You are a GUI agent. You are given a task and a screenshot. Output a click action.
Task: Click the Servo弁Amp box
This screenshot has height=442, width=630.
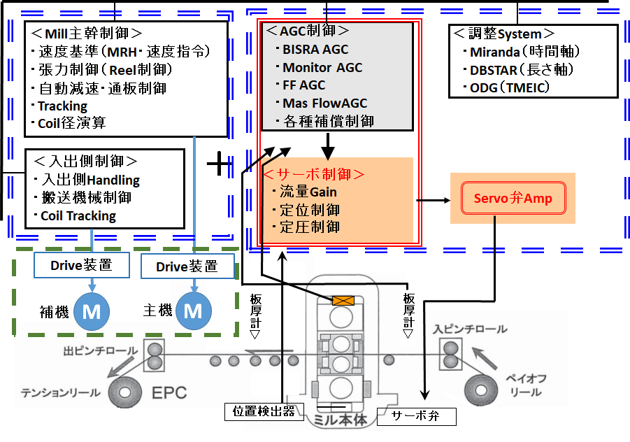click(x=513, y=199)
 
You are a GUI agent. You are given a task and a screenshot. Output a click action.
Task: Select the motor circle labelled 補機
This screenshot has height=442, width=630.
click(x=91, y=311)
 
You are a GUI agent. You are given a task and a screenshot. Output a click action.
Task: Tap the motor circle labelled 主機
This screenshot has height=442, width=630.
click(x=192, y=311)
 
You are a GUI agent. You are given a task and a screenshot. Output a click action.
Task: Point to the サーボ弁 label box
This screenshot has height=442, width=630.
click(x=416, y=417)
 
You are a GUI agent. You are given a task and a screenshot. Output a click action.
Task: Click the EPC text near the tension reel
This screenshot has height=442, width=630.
click(x=169, y=392)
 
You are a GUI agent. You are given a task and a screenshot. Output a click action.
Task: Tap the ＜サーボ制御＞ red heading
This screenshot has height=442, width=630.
click(x=313, y=174)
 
